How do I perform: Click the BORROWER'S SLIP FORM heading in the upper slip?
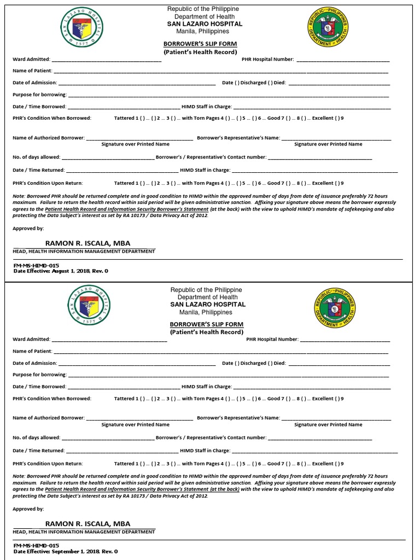pyautogui.click(x=200, y=43)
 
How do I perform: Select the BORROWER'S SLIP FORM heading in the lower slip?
pyautogui.click(x=206, y=324)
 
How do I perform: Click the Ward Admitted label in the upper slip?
pyautogui.click(x=31, y=59)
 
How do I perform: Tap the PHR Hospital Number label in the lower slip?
pyautogui.click(x=272, y=339)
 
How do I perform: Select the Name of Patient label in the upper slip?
pyautogui.click(x=32, y=71)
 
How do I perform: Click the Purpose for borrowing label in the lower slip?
pyautogui.click(x=39, y=375)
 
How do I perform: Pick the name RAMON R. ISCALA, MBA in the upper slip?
pyautogui.click(x=87, y=243)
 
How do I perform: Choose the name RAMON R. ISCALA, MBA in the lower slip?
pyautogui.click(x=87, y=524)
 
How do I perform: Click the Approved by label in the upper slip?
pyautogui.click(x=28, y=228)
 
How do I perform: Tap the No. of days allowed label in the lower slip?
pyautogui.click(x=36, y=437)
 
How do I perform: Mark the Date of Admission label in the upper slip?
pyautogui.click(x=34, y=83)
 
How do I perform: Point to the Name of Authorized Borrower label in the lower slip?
pyautogui.click(x=48, y=418)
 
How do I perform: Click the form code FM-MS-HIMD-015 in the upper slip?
pyautogui.click(x=36, y=265)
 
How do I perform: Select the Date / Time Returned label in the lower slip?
pyautogui.click(x=38, y=451)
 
